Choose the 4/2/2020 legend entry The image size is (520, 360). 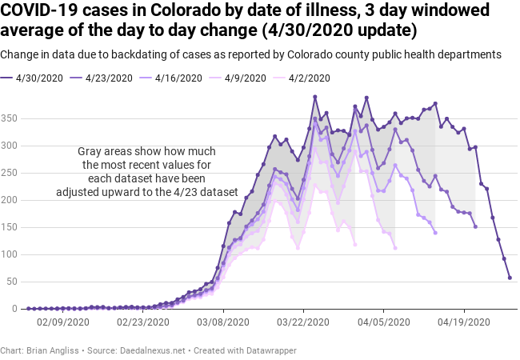pos(305,78)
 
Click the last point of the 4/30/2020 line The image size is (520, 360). pos(510,278)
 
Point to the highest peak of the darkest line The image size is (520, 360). pos(315,97)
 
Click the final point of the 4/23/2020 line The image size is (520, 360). pos(475,226)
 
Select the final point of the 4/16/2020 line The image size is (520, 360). pos(435,233)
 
